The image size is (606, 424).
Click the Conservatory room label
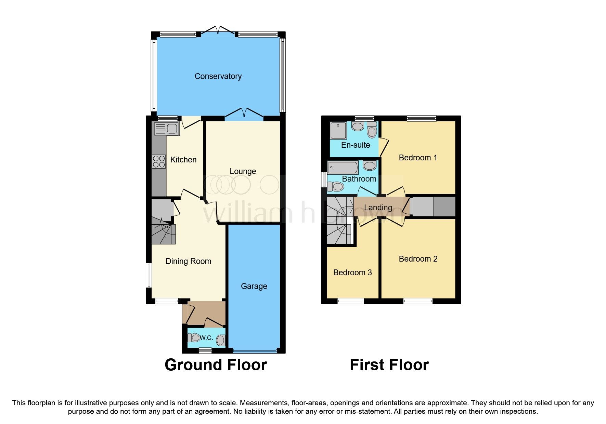[x=218, y=76]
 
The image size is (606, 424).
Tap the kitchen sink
[x=167, y=129]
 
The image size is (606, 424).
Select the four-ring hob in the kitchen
[x=159, y=162]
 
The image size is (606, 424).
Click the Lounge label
[x=243, y=171]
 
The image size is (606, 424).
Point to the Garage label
[x=254, y=286]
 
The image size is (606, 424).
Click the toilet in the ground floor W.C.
[x=194, y=338]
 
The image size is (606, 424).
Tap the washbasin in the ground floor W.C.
[x=221, y=340]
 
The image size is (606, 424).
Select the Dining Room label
[x=188, y=261]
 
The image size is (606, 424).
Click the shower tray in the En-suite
[x=338, y=130]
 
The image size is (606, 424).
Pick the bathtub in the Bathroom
[x=343, y=168]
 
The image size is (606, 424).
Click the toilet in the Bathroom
[x=336, y=187]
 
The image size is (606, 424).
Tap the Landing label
[x=378, y=208]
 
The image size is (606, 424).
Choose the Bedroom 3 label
[x=352, y=273]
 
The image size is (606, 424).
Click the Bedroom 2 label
[x=418, y=259]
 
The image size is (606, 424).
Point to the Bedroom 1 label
[x=418, y=158]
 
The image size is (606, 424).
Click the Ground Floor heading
[x=216, y=365]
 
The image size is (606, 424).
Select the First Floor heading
[x=389, y=365]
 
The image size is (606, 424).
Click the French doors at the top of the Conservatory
[x=218, y=30]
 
